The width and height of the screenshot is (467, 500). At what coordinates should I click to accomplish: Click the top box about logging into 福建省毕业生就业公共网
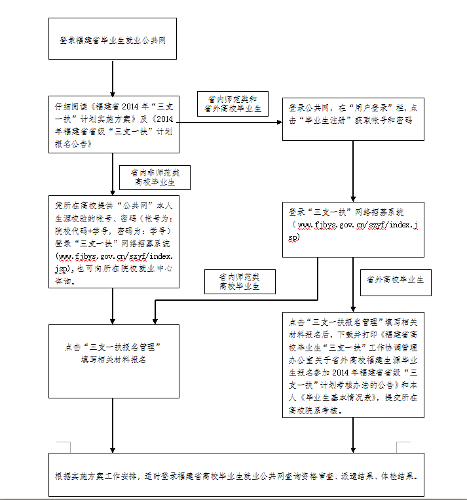113,40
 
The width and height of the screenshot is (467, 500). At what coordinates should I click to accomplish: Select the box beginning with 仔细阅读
113,123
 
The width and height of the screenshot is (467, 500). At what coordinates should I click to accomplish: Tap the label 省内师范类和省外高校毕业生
232,104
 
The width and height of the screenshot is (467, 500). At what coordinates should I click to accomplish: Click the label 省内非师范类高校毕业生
155,177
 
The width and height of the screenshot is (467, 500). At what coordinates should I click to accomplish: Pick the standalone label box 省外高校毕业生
395,280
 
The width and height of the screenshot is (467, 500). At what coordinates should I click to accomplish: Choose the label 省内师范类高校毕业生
239,281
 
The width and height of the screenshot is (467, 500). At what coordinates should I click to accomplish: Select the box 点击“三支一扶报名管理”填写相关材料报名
113,354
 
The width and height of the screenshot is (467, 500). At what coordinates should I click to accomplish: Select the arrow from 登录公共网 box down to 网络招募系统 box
354,170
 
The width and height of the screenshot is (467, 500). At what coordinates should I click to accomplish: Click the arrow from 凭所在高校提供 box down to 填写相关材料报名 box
113,305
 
